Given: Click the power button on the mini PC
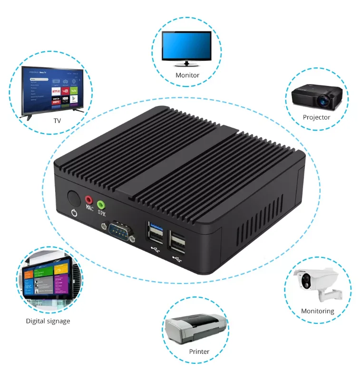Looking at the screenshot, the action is [x=73, y=197].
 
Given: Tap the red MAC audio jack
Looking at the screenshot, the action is [x=88, y=199].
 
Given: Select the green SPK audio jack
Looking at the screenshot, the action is [x=101, y=205].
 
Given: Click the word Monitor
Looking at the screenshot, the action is [x=187, y=75].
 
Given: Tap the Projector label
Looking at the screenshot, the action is [x=316, y=117].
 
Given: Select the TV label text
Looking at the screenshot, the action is [x=57, y=121].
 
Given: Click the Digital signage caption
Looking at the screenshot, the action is [x=48, y=321].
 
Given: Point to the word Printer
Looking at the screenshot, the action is [x=199, y=352].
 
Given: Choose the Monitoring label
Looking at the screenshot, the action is [x=318, y=311].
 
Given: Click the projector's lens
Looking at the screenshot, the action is [x=325, y=101].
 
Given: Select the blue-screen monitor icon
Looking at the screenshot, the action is [x=186, y=47].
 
